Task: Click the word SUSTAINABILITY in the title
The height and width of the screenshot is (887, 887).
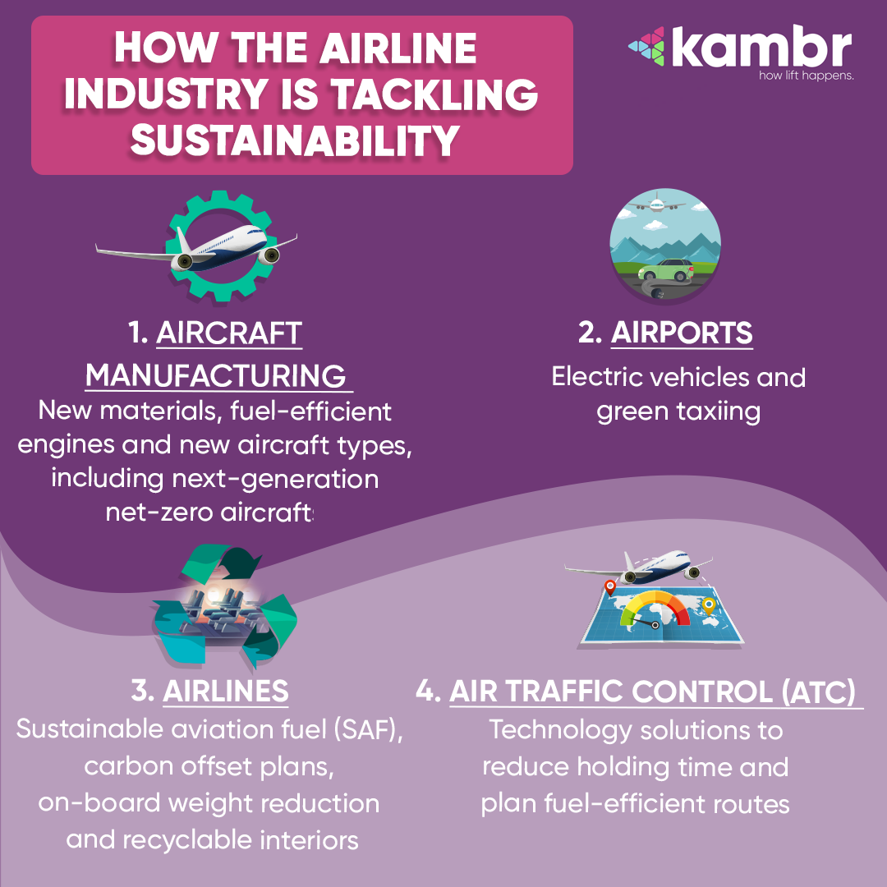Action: (x=295, y=140)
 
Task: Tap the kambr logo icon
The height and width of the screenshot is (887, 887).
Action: (x=646, y=46)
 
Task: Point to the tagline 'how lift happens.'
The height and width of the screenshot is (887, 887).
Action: (x=807, y=76)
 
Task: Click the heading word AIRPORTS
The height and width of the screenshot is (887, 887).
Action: (x=682, y=333)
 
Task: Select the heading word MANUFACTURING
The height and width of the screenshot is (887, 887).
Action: (x=215, y=375)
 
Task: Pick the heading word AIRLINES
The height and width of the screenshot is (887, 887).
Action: (x=226, y=692)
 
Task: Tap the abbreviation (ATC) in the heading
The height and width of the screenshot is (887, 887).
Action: (x=819, y=692)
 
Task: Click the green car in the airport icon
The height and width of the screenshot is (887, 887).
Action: (x=666, y=270)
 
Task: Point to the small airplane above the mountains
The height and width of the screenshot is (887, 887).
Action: (x=656, y=204)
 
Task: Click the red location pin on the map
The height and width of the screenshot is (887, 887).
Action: (x=609, y=586)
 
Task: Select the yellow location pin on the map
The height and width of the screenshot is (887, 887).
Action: (x=708, y=606)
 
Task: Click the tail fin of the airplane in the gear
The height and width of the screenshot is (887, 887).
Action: (x=182, y=241)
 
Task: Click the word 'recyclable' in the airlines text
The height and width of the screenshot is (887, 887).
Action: (x=188, y=840)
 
